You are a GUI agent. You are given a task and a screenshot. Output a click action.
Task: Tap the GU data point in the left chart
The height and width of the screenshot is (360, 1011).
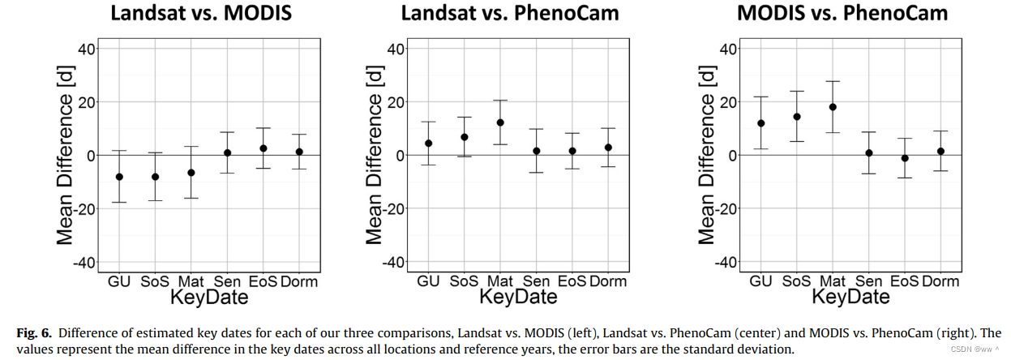coord(119,177)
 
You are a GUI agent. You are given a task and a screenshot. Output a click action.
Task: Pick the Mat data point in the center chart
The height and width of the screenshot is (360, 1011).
coord(500,122)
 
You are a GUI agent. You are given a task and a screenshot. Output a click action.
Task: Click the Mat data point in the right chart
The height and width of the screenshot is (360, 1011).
coord(833,107)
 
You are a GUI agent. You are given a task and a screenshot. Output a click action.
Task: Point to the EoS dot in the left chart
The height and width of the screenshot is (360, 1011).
coord(263,148)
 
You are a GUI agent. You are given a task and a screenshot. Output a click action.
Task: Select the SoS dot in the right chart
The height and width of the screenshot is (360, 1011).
coord(797,117)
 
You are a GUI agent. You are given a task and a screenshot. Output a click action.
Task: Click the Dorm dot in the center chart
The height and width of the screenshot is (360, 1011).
coord(608,148)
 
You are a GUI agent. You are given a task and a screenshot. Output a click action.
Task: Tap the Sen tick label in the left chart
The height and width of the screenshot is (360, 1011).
coord(227,282)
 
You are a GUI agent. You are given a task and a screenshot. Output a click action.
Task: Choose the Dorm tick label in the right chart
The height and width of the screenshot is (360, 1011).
coord(940,282)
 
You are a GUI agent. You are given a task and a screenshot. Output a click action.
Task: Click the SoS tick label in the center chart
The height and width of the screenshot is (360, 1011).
coord(465,282)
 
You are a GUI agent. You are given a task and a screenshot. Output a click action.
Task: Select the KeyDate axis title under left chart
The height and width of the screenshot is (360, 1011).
coord(208,298)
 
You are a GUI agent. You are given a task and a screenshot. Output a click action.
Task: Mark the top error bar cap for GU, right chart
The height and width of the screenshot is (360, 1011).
coord(760,96)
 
